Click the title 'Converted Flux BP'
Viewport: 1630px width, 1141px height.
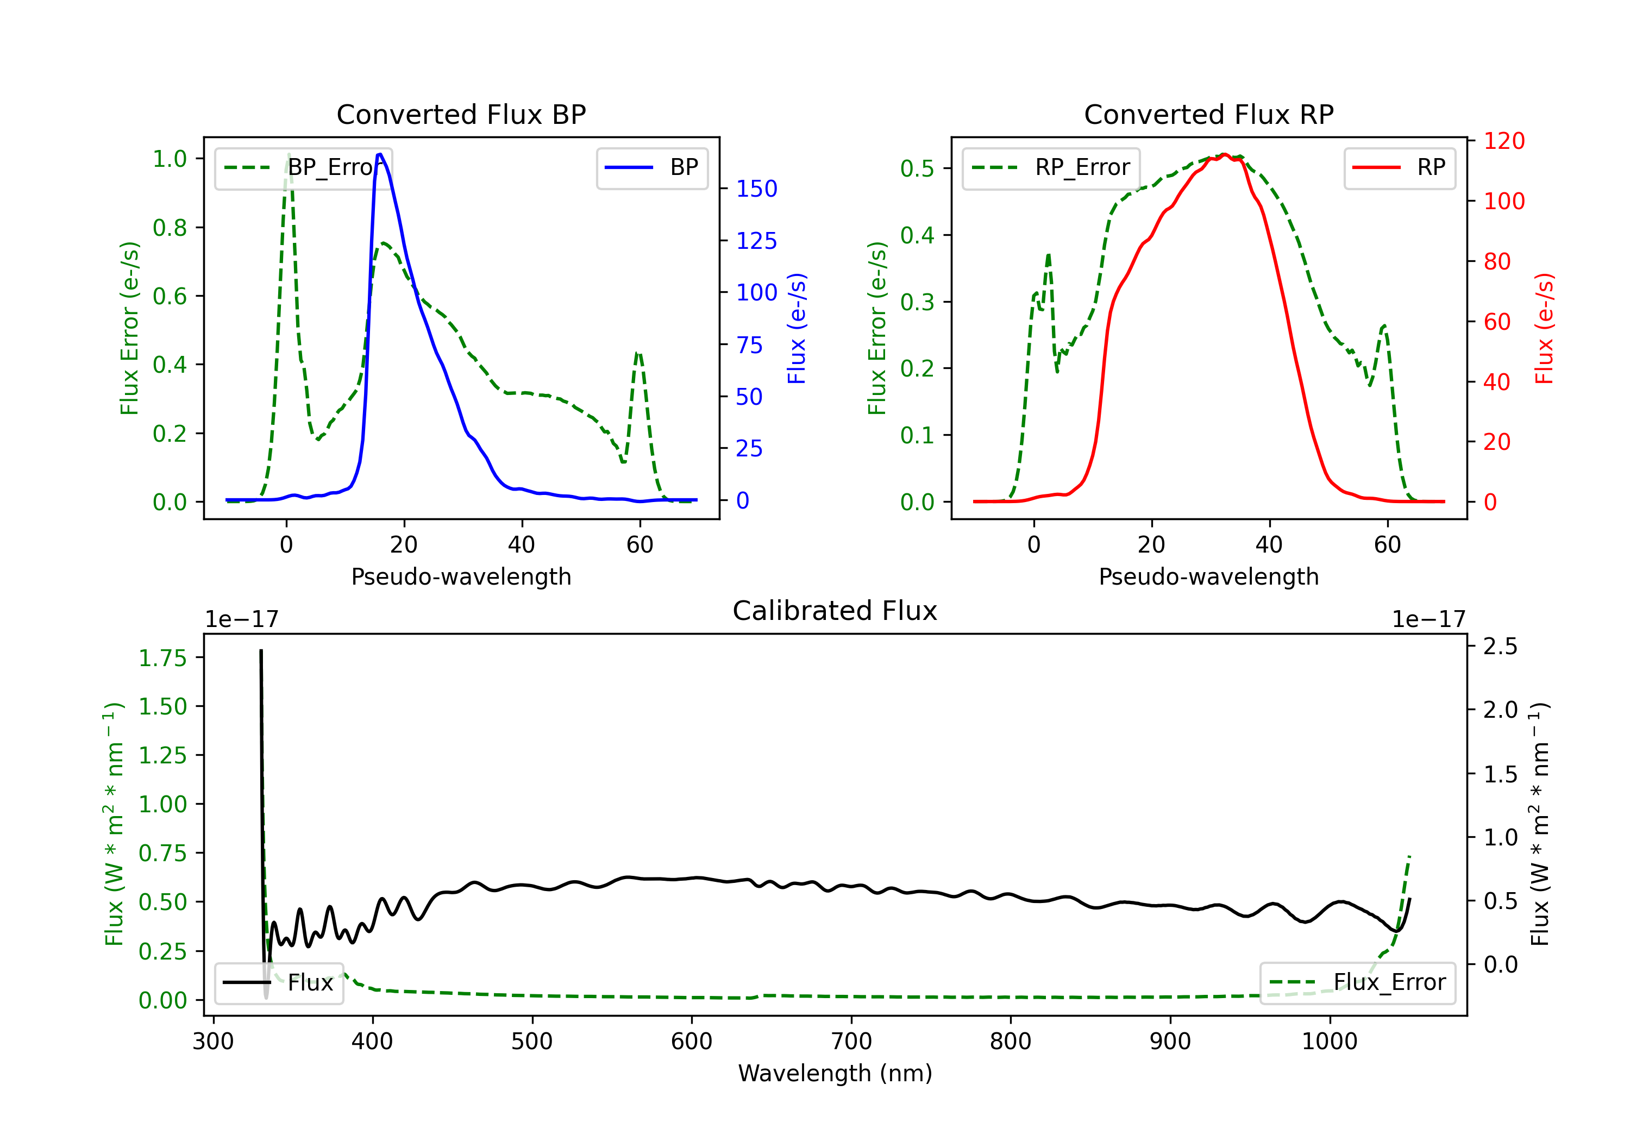point(461,114)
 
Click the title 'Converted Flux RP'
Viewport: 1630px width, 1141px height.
point(1208,114)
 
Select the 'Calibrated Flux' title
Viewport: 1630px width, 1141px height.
point(835,611)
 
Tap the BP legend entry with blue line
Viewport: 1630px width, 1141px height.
point(651,167)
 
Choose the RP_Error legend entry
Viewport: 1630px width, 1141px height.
point(1051,167)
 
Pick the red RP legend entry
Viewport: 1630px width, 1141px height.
point(1399,167)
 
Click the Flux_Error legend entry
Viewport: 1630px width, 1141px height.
point(1357,983)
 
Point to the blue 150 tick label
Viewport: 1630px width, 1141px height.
point(757,189)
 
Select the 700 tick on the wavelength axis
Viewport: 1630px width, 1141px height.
point(851,1041)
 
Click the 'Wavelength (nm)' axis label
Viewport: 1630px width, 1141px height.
point(835,1073)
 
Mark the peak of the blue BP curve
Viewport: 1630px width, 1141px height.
point(380,154)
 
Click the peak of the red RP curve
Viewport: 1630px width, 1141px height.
point(1225,154)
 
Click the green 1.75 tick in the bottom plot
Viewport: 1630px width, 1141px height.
point(162,658)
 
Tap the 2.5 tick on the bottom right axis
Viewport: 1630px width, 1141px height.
point(1501,646)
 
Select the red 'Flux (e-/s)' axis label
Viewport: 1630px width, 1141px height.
point(1544,329)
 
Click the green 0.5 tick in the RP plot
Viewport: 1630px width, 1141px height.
point(917,168)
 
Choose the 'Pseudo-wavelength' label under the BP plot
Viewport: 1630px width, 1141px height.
point(461,576)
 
